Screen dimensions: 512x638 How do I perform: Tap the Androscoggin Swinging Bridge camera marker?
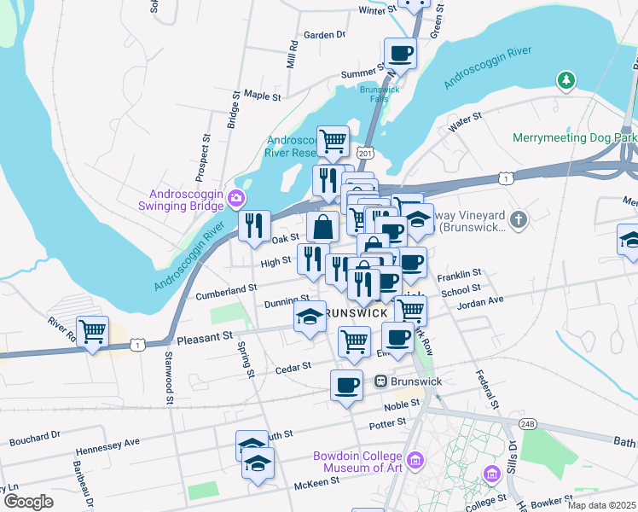pyautogui.click(x=235, y=200)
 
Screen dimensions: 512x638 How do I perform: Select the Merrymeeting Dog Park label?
pyautogui.click(x=575, y=137)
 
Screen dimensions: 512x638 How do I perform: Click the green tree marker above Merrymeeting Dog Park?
pyautogui.click(x=565, y=81)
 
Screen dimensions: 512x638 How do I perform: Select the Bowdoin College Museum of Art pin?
pyautogui.click(x=415, y=462)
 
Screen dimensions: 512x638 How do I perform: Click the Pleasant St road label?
pyautogui.click(x=204, y=337)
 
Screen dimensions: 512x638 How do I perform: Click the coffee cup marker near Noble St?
pyautogui.click(x=346, y=385)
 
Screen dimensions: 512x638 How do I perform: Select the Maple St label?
pyautogui.click(x=262, y=96)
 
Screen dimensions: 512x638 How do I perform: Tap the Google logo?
pyautogui.click(x=27, y=502)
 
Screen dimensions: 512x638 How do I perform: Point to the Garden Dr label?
pyautogui.click(x=324, y=35)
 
